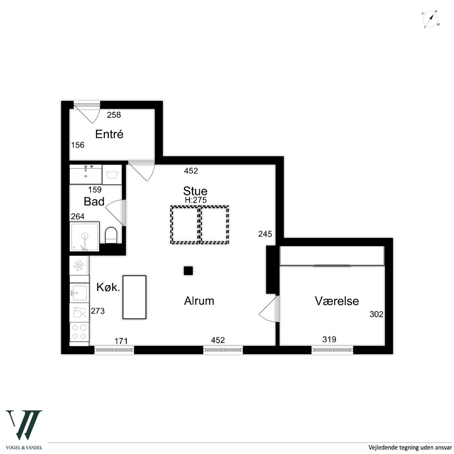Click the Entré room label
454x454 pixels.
click(109, 134)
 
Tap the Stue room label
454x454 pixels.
click(195, 191)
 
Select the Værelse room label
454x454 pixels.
click(337, 301)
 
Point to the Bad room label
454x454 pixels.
click(94, 202)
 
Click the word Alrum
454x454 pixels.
click(199, 301)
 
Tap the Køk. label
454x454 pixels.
click(108, 287)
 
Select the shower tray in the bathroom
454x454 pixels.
click(85, 236)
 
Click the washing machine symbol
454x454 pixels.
click(112, 175)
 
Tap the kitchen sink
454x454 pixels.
click(79, 293)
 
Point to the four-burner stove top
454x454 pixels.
click(79, 332)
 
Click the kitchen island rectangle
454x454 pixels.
click(134, 297)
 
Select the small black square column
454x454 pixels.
click(188, 271)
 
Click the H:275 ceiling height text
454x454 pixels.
click(196, 200)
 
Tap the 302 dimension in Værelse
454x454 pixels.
click(376, 314)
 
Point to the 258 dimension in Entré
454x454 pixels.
click(114, 115)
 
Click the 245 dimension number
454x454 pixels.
click(265, 234)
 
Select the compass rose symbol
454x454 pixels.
click(431, 19)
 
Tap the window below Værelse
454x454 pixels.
click(333, 350)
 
